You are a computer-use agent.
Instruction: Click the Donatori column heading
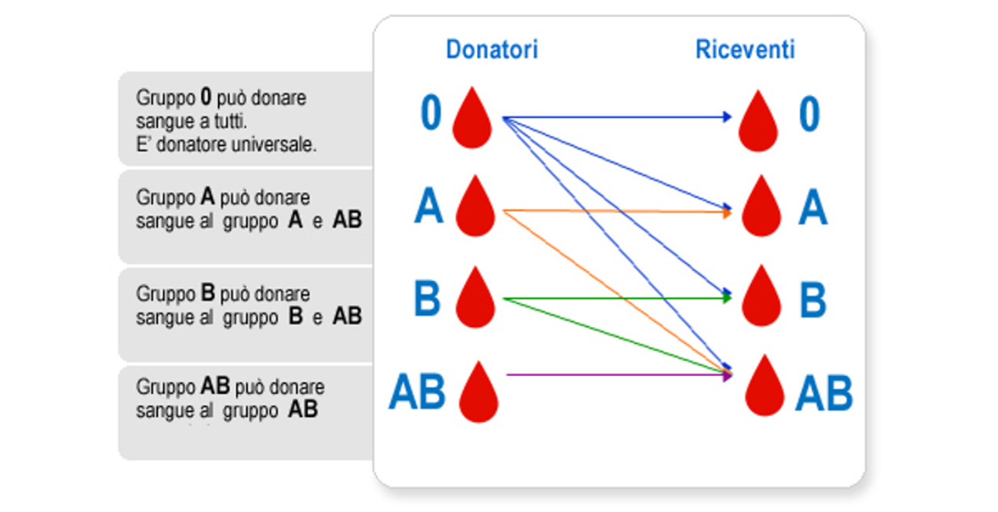[x=491, y=50]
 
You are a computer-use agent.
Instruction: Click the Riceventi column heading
[x=745, y=50]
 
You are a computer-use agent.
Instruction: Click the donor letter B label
[x=428, y=299]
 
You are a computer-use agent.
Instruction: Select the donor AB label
[x=417, y=392]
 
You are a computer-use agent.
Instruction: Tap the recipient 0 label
[x=809, y=114]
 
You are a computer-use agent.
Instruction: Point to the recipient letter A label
[x=812, y=209]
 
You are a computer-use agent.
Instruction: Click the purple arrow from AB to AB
[x=614, y=375]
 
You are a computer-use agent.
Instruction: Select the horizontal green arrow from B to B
[x=614, y=298]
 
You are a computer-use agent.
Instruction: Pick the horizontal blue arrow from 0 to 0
[x=614, y=117]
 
